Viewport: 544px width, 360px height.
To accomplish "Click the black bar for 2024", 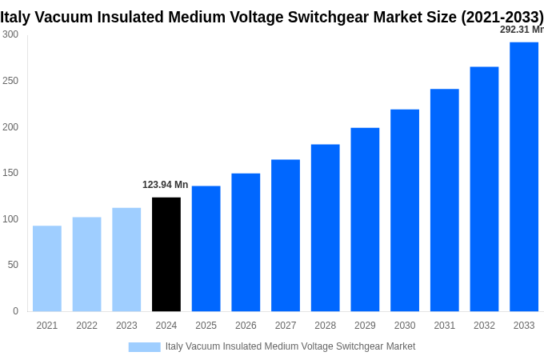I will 166,254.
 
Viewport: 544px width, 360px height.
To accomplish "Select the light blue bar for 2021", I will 47,269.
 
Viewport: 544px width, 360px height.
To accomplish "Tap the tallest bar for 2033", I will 524,177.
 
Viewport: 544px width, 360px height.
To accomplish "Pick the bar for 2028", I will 326,228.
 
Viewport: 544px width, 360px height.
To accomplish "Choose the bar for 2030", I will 405,210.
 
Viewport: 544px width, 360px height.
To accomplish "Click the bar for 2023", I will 126,260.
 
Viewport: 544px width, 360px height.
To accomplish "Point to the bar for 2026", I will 246,242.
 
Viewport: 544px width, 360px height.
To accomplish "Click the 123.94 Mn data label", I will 166,185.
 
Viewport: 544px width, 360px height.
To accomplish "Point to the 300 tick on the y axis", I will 10,34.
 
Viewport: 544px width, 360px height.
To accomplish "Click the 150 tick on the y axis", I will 10,173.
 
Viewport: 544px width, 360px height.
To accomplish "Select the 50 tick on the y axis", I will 13,265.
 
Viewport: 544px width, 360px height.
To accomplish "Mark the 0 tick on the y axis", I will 15,311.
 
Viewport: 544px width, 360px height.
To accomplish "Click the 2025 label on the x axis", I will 206,326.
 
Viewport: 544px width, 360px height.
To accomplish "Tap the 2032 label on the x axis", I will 484,326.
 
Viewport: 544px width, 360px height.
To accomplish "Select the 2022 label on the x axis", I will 86,326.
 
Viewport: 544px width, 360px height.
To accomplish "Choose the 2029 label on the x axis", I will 365,326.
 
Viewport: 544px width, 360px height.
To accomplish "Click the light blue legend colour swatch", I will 144,347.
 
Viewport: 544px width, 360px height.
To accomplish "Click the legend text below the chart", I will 290,347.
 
